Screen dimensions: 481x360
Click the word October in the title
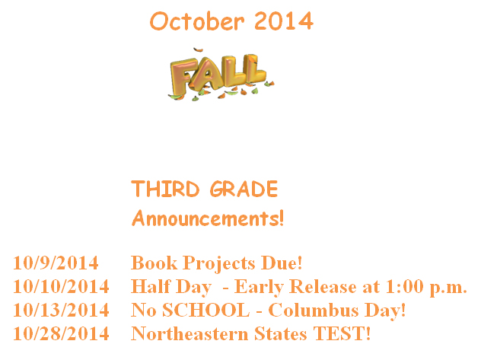pyautogui.click(x=197, y=21)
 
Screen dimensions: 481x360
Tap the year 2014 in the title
pyautogui.click(x=284, y=21)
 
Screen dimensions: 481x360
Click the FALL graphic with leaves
pyautogui.click(x=221, y=75)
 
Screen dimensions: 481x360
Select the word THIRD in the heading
pyautogui.click(x=165, y=189)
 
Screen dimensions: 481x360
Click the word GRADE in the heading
pyautogui.click(x=244, y=189)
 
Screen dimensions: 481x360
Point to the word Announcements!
pyautogui.click(x=208, y=218)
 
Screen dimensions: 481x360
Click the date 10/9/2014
pyautogui.click(x=56, y=263)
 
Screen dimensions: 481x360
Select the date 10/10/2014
pyautogui.click(x=61, y=286)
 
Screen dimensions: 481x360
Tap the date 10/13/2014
pyautogui.click(x=61, y=310)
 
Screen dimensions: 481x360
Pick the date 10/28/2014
pyautogui.click(x=61, y=333)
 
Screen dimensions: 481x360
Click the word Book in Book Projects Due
pyautogui.click(x=154, y=263)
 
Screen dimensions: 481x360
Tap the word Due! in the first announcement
pyautogui.click(x=282, y=263)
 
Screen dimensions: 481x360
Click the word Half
pyautogui.click(x=151, y=286)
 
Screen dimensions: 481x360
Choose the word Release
pyautogui.click(x=323, y=286)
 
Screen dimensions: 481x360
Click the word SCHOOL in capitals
pyautogui.click(x=205, y=310)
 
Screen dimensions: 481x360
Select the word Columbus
pyautogui.click(x=314, y=310)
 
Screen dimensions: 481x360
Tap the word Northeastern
pyautogui.click(x=190, y=333)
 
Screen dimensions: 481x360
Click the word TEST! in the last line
pyautogui.click(x=342, y=333)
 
